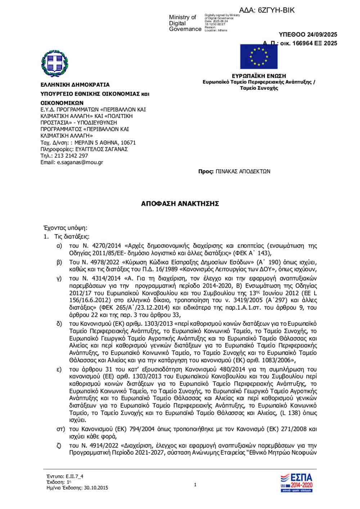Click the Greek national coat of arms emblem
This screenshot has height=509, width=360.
55,64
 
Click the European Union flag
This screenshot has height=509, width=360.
258,56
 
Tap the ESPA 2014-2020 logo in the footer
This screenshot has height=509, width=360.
296,483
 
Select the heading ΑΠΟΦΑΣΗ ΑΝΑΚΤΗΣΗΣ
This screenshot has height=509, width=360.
180,204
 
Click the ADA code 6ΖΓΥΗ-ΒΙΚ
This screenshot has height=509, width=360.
276,10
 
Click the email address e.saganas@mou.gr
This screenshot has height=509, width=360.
80,162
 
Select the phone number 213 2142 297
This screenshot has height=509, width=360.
71,156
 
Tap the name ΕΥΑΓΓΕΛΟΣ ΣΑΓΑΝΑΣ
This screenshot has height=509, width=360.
102,149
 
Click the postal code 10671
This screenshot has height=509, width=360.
128,143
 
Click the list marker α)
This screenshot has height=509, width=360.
59,246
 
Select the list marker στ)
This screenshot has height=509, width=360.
60,429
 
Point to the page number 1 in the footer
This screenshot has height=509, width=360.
195,485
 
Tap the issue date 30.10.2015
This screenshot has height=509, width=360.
96,488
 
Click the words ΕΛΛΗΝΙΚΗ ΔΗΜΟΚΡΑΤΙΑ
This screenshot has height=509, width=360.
75,85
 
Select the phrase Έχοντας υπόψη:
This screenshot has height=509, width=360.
65,228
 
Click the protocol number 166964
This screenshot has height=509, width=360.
302,43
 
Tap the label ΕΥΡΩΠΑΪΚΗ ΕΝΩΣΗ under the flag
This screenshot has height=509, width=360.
259,76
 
